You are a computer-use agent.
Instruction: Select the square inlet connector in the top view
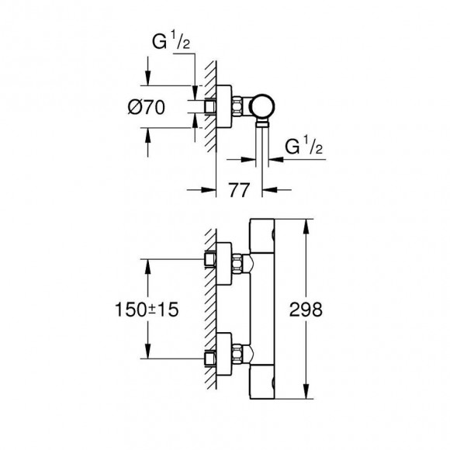(x=209, y=107)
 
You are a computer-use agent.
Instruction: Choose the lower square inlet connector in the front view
(x=209, y=358)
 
